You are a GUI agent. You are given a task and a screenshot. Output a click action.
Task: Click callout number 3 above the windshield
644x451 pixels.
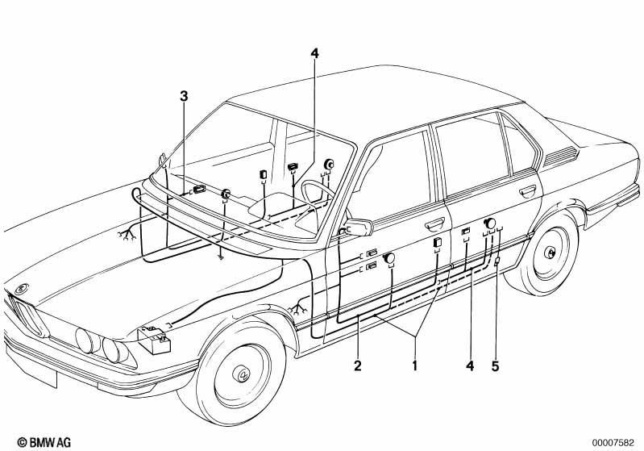pyautogui.click(x=184, y=97)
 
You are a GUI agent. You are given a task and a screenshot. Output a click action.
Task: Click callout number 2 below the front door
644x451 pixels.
pyautogui.click(x=358, y=365)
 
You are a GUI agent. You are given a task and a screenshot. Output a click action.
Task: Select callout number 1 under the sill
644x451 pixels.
pyautogui.click(x=415, y=365)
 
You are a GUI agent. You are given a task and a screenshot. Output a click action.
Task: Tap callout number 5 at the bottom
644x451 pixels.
pyautogui.click(x=496, y=365)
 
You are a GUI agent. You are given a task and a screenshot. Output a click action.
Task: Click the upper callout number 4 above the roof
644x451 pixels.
pyautogui.click(x=314, y=53)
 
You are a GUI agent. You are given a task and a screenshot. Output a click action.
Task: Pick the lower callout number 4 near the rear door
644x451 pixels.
pyautogui.click(x=470, y=365)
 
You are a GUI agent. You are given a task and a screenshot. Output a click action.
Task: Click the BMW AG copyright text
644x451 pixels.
pyautogui.click(x=44, y=442)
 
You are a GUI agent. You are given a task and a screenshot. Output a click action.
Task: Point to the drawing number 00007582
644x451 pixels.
pyautogui.click(x=613, y=443)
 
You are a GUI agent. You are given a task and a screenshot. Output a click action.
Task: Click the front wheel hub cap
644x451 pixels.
pyautogui.click(x=243, y=374)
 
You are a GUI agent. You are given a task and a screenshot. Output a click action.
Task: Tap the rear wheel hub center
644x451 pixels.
pyautogui.click(x=549, y=253)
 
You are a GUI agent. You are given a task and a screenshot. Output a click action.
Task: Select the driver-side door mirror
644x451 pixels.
pyautogui.click(x=358, y=228)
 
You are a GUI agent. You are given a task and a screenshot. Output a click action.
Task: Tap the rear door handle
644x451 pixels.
pyautogui.click(x=528, y=190)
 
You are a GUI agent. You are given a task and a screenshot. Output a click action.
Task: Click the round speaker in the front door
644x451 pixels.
pyautogui.click(x=388, y=258)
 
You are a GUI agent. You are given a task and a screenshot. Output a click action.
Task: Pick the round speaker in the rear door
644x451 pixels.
pyautogui.click(x=489, y=223)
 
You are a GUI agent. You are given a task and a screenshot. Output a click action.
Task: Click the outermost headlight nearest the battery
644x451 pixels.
pyautogui.click(x=114, y=350)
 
